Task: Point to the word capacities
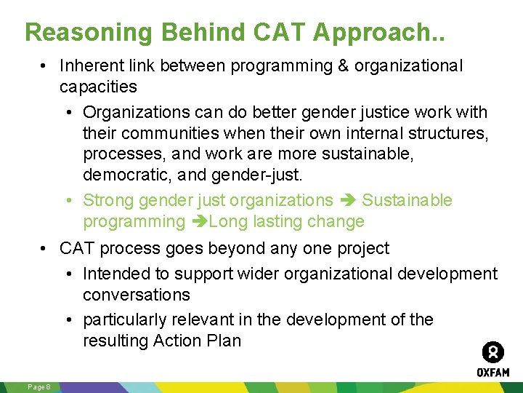coord(98,87)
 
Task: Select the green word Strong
coord(108,200)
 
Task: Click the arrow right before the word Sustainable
coord(347,200)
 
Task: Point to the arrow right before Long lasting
coord(199,222)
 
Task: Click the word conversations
coord(137,295)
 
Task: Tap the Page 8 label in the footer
coord(38,386)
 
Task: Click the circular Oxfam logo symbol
coord(493,353)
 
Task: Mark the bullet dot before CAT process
coord(45,248)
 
